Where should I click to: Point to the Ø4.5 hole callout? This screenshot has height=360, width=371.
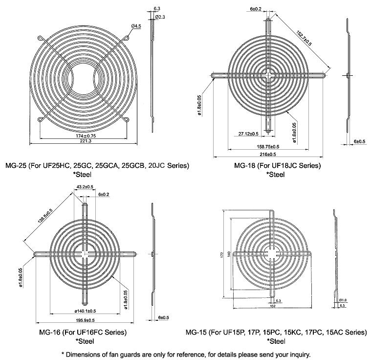[x=136, y=25]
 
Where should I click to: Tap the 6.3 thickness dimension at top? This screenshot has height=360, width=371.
[x=156, y=8]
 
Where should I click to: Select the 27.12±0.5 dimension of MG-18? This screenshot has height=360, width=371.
[x=249, y=133]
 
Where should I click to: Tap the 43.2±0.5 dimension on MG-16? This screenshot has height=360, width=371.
[x=86, y=186]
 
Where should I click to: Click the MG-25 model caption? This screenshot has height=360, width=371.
[x=97, y=165]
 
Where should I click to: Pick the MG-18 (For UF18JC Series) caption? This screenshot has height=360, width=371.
[x=277, y=165]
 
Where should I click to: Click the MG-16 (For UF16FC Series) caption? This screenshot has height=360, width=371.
[x=83, y=333]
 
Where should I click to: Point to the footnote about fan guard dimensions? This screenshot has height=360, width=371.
[x=185, y=354]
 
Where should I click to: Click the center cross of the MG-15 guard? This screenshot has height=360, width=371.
[x=272, y=253]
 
